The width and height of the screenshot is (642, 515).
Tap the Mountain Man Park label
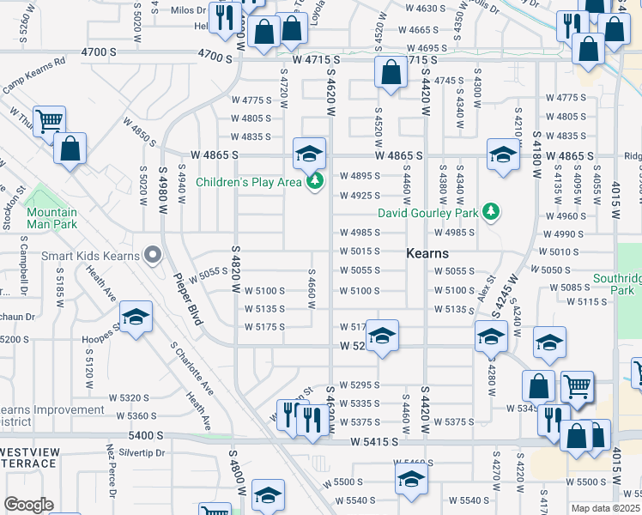[x=51, y=218]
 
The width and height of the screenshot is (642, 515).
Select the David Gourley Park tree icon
[x=491, y=211]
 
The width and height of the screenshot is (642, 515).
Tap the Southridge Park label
[x=616, y=285]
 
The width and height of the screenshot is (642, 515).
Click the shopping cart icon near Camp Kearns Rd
[x=48, y=121]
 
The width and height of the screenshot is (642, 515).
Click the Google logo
[x=27, y=504]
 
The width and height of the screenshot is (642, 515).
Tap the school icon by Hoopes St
[x=136, y=318]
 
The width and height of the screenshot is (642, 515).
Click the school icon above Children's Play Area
[x=309, y=154]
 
